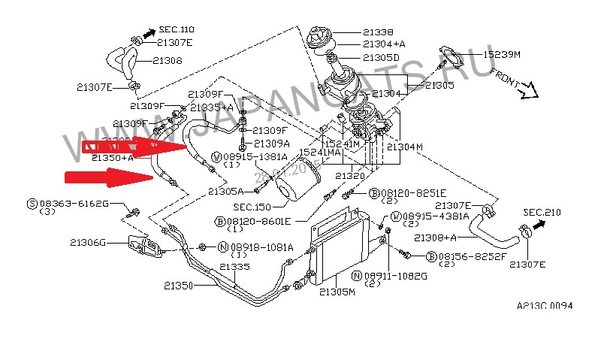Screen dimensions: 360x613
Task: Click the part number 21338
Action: (x=377, y=32)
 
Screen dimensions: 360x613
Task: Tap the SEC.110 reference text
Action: (x=177, y=29)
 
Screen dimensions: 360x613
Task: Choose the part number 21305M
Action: (x=337, y=292)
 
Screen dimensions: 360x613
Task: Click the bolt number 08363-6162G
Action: (x=74, y=203)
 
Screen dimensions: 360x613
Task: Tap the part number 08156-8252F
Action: (x=464, y=256)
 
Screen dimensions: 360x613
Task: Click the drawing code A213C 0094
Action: (x=545, y=306)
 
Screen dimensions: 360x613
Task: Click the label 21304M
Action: (x=406, y=147)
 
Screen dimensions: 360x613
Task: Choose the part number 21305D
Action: (x=381, y=57)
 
